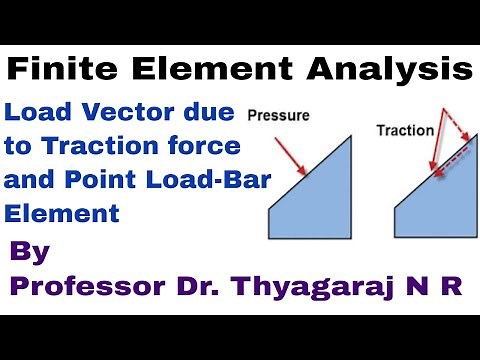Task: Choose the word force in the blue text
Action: pyautogui.click(x=208, y=145)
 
